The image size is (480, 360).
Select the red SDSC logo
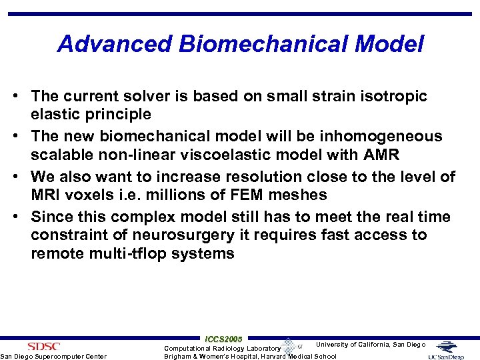[44, 346]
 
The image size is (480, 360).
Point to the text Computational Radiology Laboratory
[223, 348]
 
